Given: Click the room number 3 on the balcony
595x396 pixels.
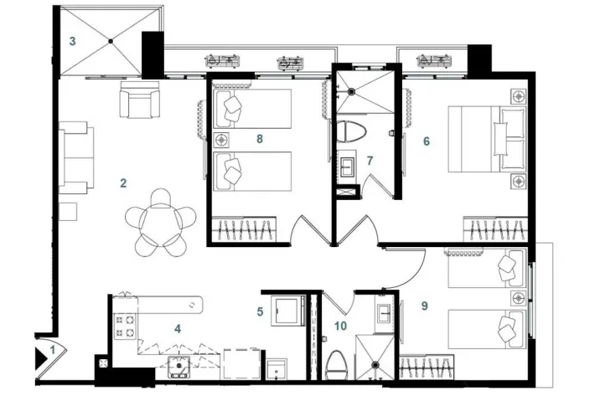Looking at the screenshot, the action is pos(72,41).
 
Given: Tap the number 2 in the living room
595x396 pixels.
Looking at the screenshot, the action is pos(123,183).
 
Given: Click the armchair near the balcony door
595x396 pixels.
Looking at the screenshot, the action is pos(140,100).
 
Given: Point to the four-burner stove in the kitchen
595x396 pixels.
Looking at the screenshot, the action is pos(125,327).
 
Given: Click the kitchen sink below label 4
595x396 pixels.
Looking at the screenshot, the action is pos(178,366).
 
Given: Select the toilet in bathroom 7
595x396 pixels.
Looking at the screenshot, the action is pos(352,131).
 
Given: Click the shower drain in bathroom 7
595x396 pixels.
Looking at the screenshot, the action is pos(351,91).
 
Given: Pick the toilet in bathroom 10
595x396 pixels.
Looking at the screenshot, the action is pos(337,365).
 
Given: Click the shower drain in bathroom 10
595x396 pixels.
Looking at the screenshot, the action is pos(375,364).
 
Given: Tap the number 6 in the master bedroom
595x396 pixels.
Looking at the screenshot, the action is pos(427,141).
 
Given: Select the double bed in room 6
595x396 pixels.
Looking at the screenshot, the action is pos(488,139).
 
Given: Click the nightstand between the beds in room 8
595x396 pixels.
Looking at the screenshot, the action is pos(221,140).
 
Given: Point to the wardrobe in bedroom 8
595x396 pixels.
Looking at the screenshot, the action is pos(244,229).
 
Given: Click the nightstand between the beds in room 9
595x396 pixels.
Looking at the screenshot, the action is pos(519,298).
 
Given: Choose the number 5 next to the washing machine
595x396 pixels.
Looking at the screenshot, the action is pos(260,312).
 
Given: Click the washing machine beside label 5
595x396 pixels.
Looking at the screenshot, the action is pos(287,311).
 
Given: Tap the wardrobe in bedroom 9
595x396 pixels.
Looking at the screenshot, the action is pos(427,367).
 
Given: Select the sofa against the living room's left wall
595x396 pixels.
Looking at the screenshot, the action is pos(76,157).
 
